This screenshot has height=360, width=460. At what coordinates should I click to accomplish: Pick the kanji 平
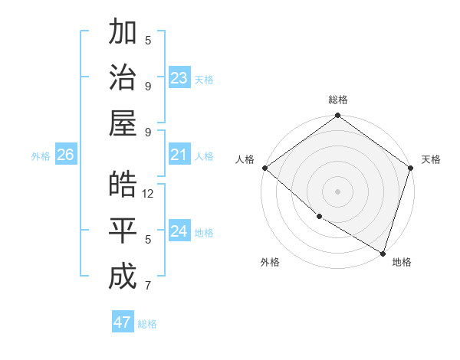tap(123, 231)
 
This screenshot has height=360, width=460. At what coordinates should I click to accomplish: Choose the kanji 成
tap(123, 277)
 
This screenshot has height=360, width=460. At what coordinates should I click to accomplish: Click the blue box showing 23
tap(179, 78)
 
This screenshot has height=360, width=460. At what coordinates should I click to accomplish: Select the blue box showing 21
tap(179, 155)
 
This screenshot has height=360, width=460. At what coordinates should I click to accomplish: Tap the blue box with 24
tap(179, 232)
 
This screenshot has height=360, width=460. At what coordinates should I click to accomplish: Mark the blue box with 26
tap(65, 155)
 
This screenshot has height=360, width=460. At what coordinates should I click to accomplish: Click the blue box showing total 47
tap(123, 322)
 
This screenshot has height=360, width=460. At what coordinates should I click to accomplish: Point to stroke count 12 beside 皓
tap(149, 194)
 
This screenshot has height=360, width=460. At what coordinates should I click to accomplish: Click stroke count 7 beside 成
tap(148, 286)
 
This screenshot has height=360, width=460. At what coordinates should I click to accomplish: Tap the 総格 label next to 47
tap(147, 324)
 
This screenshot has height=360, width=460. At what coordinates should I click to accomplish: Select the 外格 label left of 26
tap(41, 156)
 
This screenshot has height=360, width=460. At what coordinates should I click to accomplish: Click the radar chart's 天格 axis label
tap(431, 159)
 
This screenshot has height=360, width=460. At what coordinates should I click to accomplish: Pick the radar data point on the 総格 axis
tap(337, 116)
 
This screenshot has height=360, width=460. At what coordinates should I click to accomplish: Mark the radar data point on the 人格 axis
tap(264, 168)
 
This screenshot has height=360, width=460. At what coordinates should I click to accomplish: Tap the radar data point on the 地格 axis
tap(383, 252)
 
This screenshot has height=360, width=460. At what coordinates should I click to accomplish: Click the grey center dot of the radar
tap(337, 191)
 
